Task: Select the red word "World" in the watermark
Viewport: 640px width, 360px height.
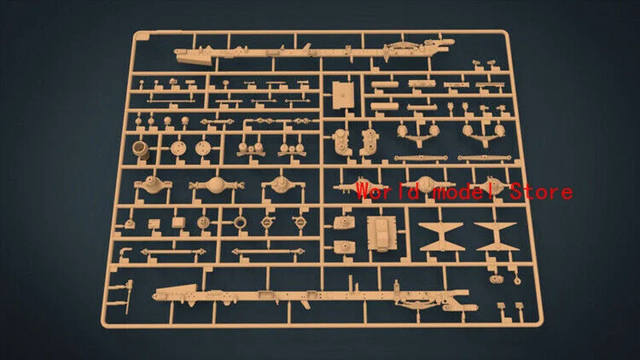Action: pos(388,191)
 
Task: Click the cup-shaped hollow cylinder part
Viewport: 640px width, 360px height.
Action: pos(141,149)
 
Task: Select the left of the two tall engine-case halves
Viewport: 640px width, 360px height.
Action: pos(341,142)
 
